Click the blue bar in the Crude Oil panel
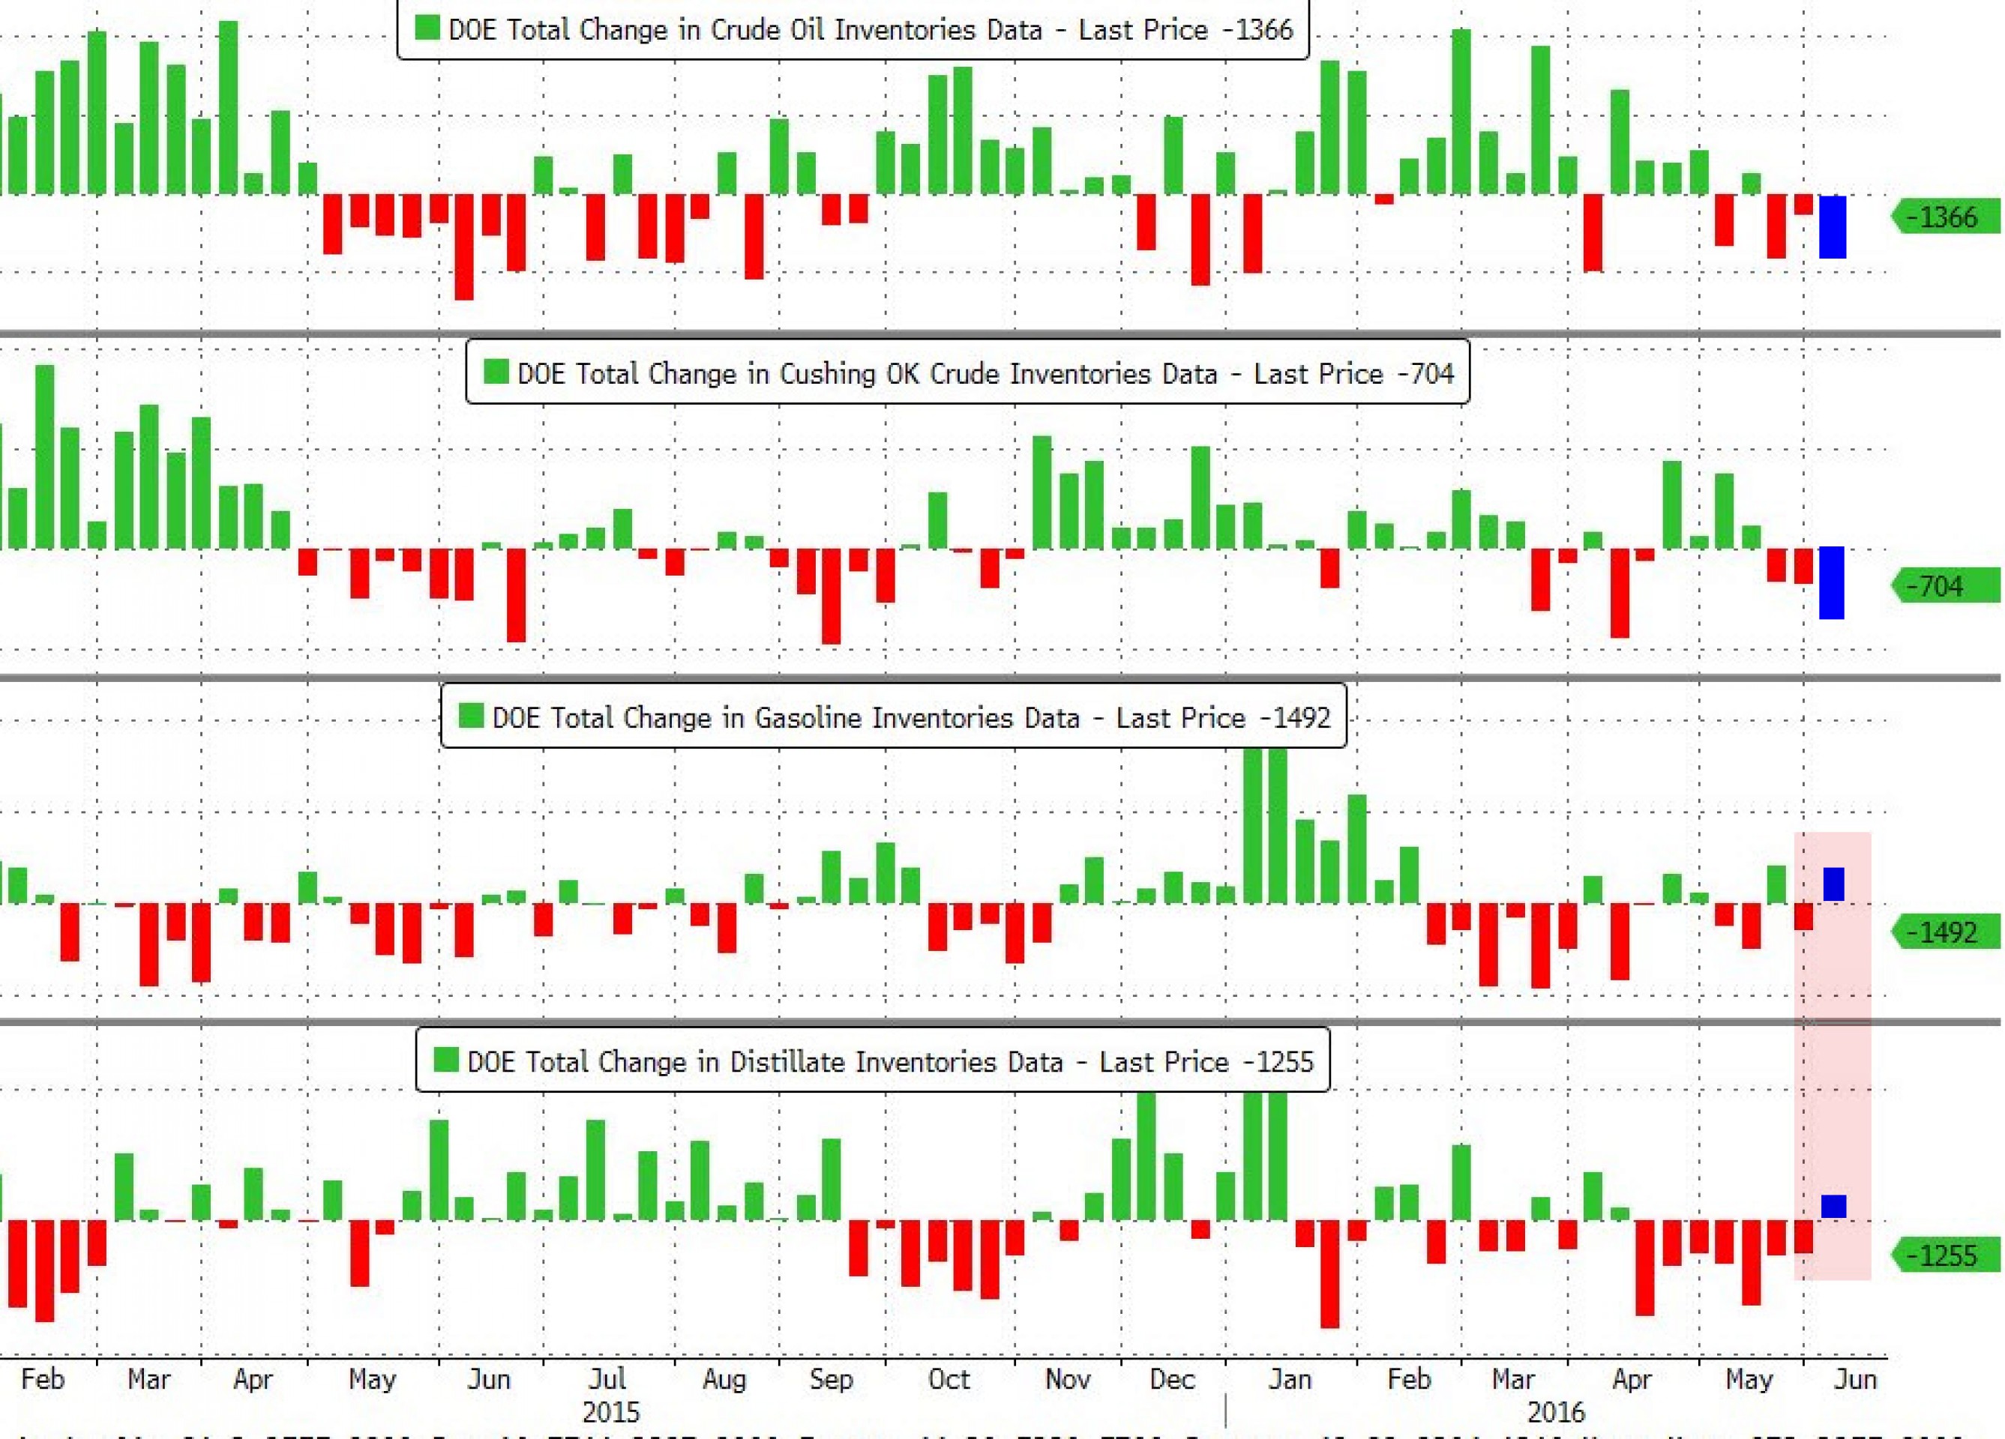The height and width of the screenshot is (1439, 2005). pyautogui.click(x=1832, y=227)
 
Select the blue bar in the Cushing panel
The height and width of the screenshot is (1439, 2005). pyautogui.click(x=1831, y=582)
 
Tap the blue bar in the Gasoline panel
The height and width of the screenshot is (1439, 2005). pyautogui.click(x=1833, y=884)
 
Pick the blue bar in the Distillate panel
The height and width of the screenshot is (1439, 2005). pyautogui.click(x=1833, y=1207)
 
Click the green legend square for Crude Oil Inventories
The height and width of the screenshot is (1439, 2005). pyautogui.click(x=427, y=28)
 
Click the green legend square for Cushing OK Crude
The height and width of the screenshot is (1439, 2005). pyautogui.click(x=496, y=372)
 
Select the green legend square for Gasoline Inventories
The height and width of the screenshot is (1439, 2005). pyautogui.click(x=470, y=716)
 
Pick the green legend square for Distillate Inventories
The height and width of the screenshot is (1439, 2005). pyautogui.click(x=445, y=1060)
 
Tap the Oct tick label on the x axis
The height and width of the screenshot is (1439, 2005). pyautogui.click(x=949, y=1380)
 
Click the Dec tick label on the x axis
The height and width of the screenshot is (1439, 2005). pyautogui.click(x=1172, y=1380)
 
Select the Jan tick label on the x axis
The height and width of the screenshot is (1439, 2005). pyautogui.click(x=1290, y=1380)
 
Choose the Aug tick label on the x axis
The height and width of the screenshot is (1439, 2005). pyautogui.click(x=724, y=1380)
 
